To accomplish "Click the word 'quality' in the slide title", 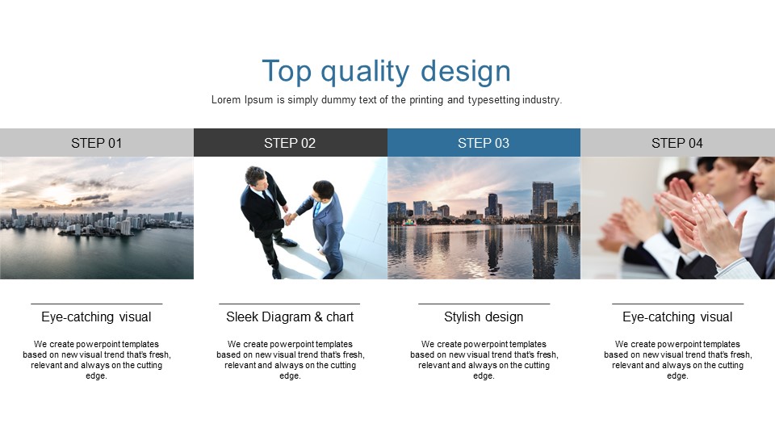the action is click(365, 72).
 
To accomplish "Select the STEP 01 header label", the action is click(96, 143).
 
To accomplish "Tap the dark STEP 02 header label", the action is click(290, 143).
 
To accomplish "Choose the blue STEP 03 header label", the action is click(484, 143).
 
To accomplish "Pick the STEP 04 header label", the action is click(677, 143).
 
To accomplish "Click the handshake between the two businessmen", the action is click(290, 217).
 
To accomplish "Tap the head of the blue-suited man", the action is click(323, 191).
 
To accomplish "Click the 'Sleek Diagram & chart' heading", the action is click(290, 317).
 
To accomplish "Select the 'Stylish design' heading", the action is click(484, 317).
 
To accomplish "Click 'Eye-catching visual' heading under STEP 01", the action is click(96, 317).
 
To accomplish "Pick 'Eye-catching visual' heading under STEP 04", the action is click(677, 317).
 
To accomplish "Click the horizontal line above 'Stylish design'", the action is click(484, 304).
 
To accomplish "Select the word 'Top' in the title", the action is click(287, 71).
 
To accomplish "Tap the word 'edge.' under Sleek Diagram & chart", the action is click(290, 375).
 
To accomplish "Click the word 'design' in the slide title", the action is click(466, 72).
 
